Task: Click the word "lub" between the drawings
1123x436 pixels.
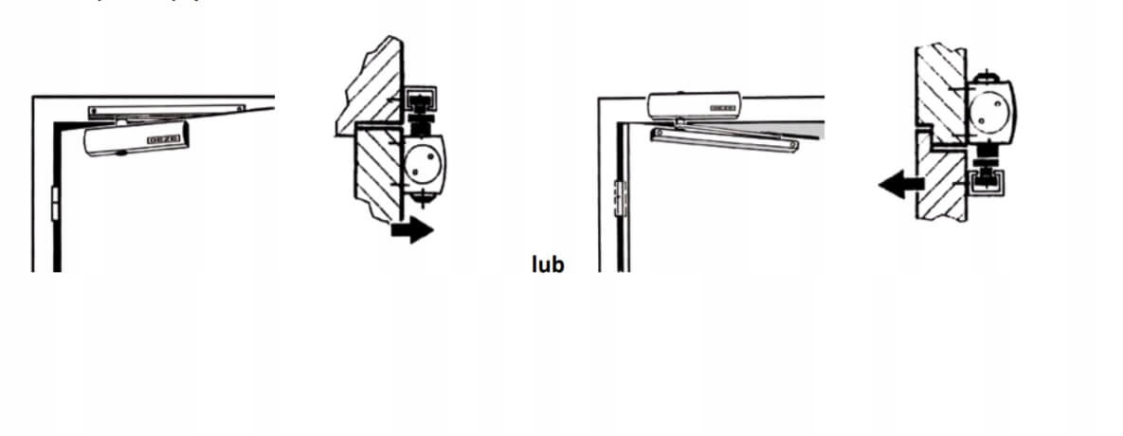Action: tap(548, 263)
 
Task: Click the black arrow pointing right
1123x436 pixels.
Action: tap(411, 229)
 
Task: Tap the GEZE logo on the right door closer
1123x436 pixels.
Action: tap(722, 110)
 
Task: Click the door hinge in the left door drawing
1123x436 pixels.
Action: tap(55, 202)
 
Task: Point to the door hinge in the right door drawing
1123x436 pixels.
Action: tap(621, 197)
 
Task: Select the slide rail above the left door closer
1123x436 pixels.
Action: tap(166, 111)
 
